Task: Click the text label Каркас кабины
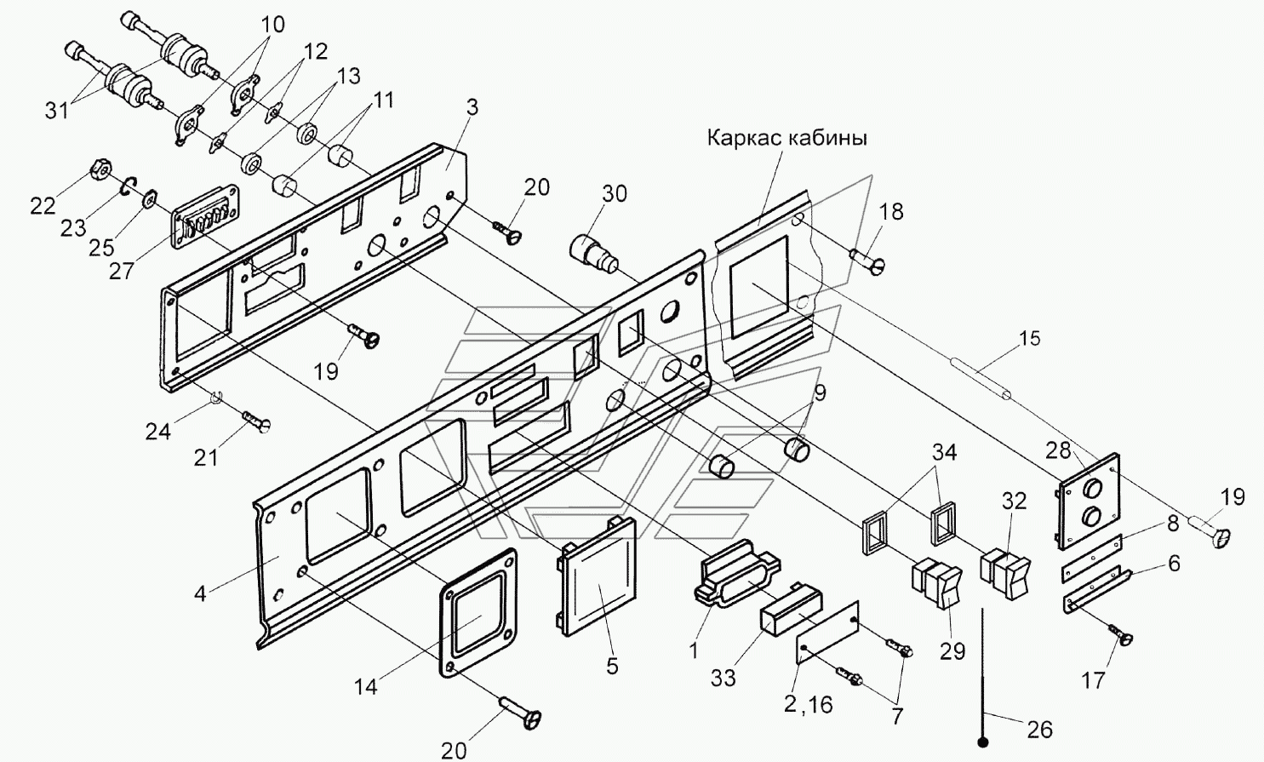point(787,138)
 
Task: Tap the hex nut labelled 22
point(102,169)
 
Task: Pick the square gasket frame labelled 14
point(478,611)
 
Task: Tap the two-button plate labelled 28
point(1089,501)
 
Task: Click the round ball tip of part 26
point(983,742)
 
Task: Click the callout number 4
point(200,594)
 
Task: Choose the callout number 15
point(1029,338)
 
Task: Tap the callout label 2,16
point(808,705)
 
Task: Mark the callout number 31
point(57,112)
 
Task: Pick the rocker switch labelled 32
point(1005,570)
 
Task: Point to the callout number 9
point(820,392)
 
